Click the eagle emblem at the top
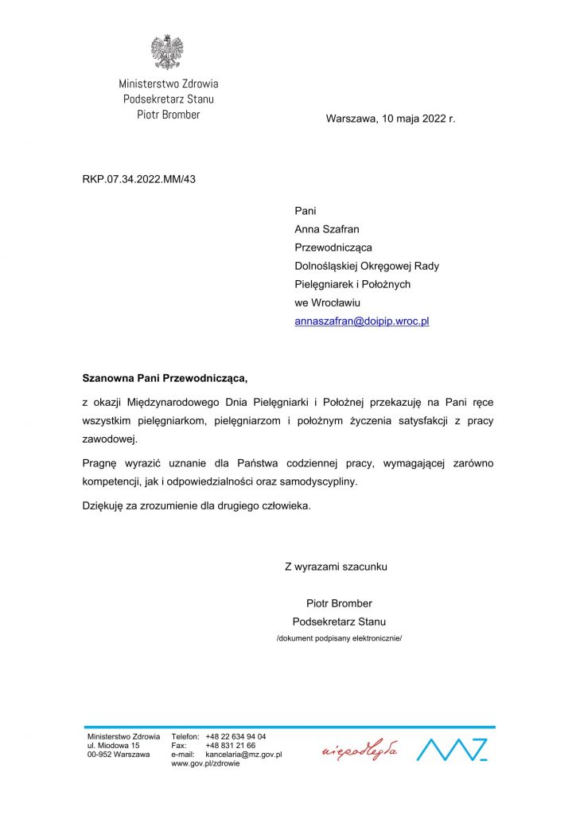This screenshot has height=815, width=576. point(167,52)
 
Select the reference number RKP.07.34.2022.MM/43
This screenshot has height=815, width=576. point(138,179)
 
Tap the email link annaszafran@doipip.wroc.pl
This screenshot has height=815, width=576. point(361,322)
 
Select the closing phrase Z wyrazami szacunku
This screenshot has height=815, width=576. point(336,567)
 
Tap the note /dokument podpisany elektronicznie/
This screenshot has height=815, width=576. point(339,638)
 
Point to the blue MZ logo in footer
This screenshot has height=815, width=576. point(453,750)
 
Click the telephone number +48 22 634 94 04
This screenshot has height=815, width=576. point(235,737)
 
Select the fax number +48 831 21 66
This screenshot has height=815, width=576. point(230,746)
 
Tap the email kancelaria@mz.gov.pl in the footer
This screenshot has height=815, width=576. point(243,755)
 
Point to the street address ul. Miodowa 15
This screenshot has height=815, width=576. point(114,746)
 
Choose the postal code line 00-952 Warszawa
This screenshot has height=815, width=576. point(119,755)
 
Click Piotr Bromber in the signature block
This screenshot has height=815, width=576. point(339,603)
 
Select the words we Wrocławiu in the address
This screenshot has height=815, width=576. point(328,302)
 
